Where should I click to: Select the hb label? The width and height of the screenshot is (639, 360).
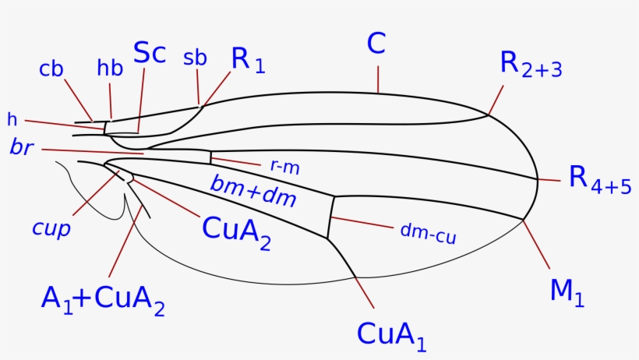pyautogui.click(x=110, y=69)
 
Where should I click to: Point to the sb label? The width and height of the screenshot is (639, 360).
pyautogui.click(x=195, y=58)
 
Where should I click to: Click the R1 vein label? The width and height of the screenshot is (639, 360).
pyautogui.click(x=249, y=61)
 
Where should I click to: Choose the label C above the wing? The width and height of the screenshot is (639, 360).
pyautogui.click(x=376, y=44)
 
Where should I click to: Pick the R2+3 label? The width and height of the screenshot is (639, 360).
pyautogui.click(x=531, y=65)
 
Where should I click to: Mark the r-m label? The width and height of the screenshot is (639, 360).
pyautogui.click(x=284, y=166)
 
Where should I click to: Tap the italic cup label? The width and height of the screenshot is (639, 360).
pyautogui.click(x=52, y=228)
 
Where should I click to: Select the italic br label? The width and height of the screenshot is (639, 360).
pyautogui.click(x=21, y=147)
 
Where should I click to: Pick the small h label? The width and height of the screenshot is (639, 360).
pyautogui.click(x=12, y=120)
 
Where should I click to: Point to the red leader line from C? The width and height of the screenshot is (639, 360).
pyautogui.click(x=378, y=79)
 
